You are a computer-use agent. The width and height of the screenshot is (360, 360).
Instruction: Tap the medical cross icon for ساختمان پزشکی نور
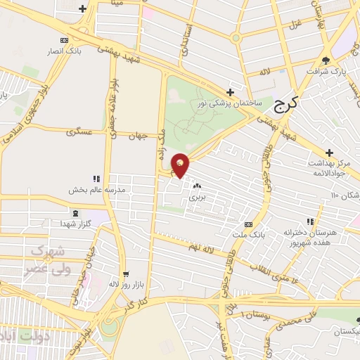230,92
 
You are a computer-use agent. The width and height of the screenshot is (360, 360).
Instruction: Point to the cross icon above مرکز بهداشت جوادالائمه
329,153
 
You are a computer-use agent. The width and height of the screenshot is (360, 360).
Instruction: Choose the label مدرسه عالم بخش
96,190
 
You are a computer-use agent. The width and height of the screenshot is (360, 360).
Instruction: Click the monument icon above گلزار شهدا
76,213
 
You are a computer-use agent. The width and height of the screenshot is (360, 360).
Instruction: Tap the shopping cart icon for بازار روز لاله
126,274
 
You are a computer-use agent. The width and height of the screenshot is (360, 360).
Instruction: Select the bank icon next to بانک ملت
248,224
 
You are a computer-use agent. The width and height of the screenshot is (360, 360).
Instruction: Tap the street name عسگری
79,131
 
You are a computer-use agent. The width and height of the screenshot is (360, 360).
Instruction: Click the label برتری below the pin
196,198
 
